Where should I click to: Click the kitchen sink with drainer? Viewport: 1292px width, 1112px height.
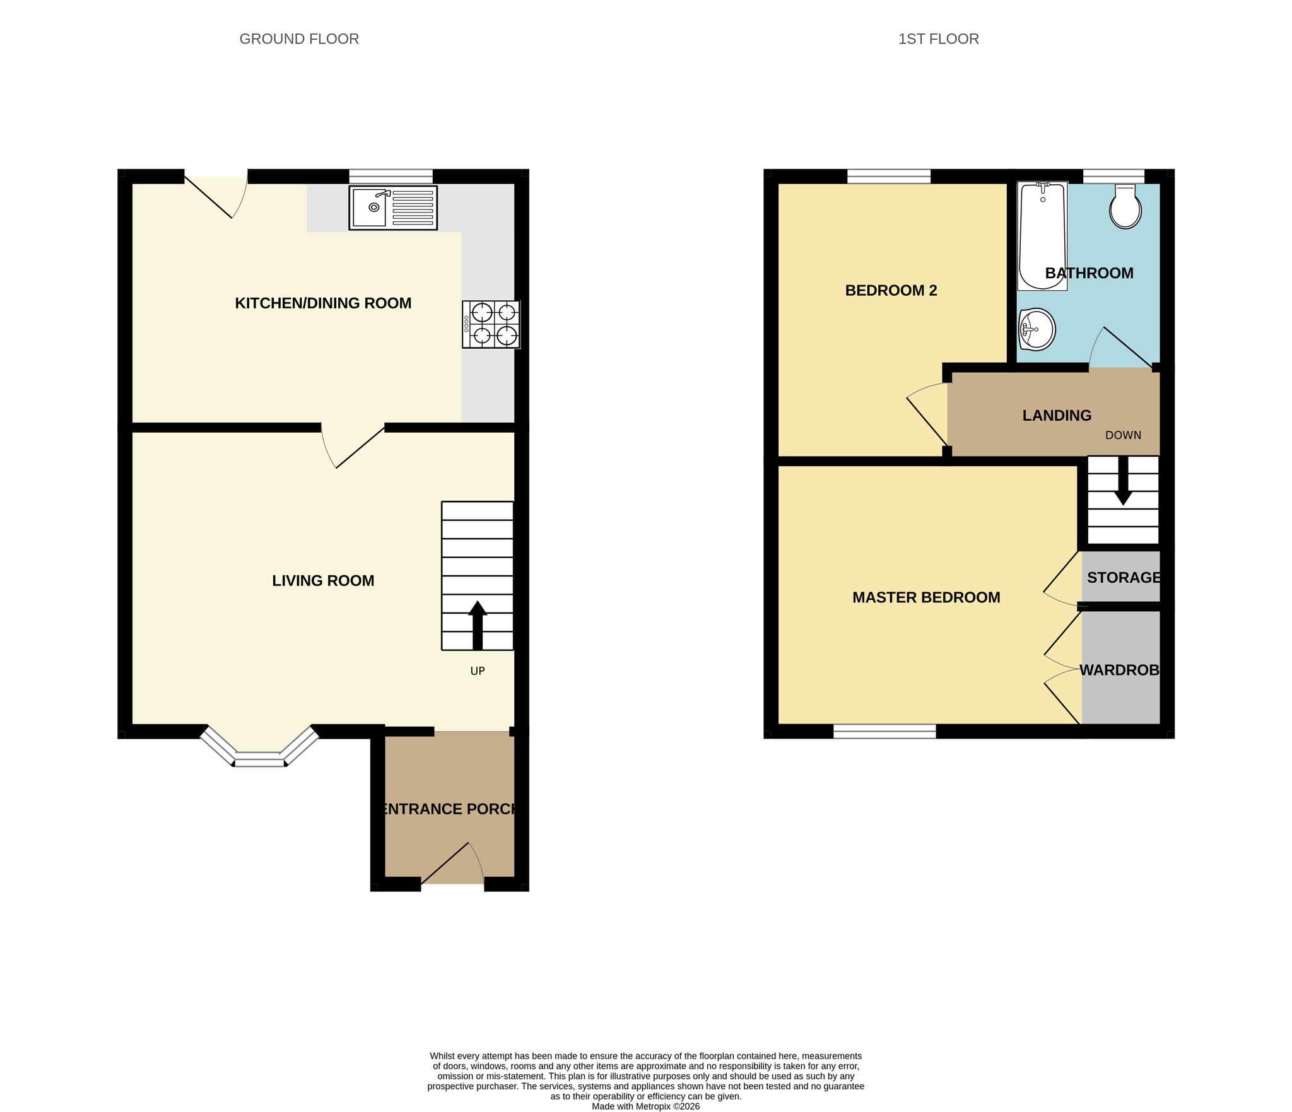[x=392, y=208]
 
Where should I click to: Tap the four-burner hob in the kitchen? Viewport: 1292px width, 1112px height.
[x=491, y=324]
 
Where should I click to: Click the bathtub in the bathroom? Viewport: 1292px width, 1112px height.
[x=1042, y=236]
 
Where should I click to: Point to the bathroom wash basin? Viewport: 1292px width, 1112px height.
[x=1037, y=329]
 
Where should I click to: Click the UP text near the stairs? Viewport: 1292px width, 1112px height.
[x=478, y=671]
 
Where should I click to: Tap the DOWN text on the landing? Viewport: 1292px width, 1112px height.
[x=1123, y=435]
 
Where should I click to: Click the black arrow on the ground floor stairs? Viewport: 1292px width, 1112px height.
[x=478, y=625]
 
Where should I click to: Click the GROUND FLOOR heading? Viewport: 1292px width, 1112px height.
[x=299, y=39]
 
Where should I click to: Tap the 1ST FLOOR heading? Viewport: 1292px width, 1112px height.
[x=939, y=39]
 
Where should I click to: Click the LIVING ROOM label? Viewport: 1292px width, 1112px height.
[x=323, y=581]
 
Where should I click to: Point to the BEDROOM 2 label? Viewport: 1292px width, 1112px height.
[x=891, y=291]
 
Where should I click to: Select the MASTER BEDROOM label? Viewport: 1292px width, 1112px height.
[x=926, y=597]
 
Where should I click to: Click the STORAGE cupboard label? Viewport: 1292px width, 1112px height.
[x=1124, y=577]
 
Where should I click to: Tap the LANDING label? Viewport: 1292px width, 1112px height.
[x=1057, y=416]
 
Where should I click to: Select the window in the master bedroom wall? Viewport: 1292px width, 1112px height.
[x=884, y=731]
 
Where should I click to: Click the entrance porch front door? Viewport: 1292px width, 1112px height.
[x=452, y=863]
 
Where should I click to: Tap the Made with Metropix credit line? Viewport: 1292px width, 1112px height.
[x=645, y=1106]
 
